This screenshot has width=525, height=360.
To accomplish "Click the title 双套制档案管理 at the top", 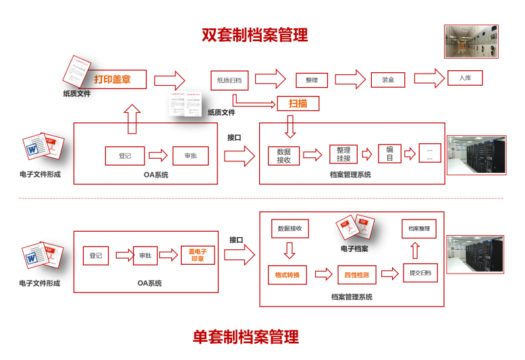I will click(x=254, y=34).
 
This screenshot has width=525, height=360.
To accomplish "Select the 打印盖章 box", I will click(x=112, y=80).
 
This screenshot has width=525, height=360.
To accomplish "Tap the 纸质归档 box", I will click(x=229, y=80).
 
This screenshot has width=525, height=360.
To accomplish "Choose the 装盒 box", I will click(x=388, y=80).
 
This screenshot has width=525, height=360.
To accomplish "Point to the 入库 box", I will click(x=465, y=78).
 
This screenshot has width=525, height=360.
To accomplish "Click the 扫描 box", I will click(x=298, y=103).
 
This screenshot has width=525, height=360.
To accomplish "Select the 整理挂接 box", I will click(x=343, y=154).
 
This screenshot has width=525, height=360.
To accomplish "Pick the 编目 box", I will click(x=389, y=154).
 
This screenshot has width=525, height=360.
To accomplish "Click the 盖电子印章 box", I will click(x=198, y=255).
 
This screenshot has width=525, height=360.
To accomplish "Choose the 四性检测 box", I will click(x=356, y=275).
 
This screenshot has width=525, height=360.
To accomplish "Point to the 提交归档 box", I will click(x=420, y=274).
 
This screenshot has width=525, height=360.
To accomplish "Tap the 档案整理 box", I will click(x=419, y=228).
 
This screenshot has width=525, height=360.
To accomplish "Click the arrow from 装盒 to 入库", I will click(x=429, y=78).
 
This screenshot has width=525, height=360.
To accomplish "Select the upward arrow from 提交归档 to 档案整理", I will click(x=415, y=251).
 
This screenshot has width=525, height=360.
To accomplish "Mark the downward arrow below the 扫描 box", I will click(x=291, y=126).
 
